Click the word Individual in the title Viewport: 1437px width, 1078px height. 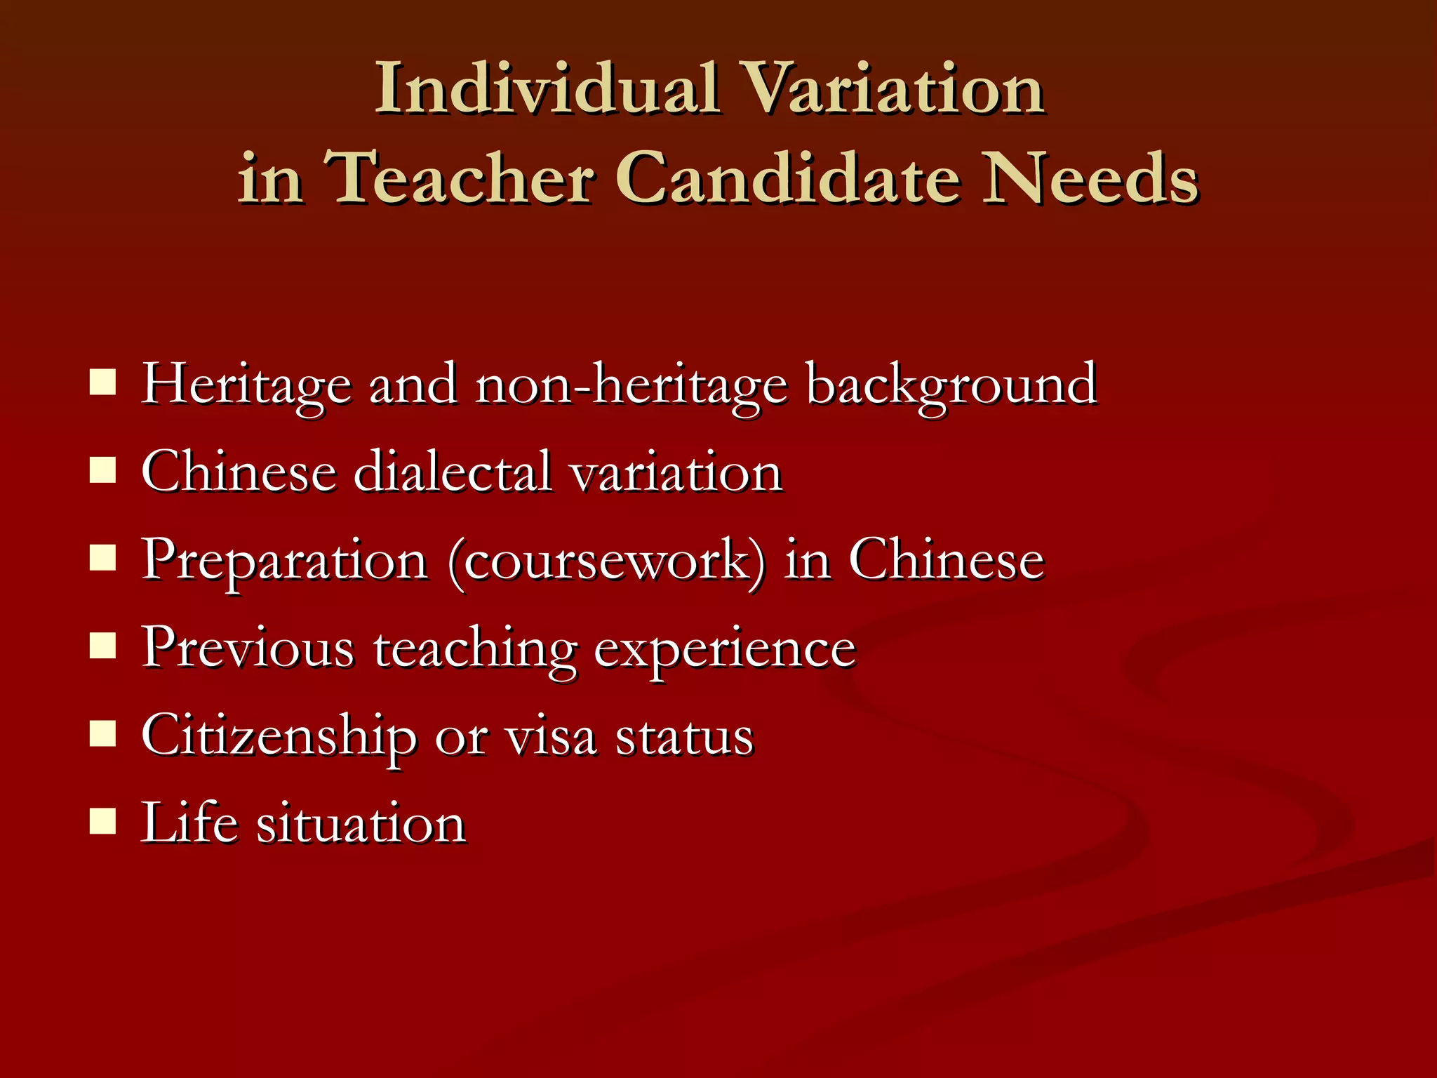(547, 88)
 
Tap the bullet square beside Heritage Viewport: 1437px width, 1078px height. (102, 384)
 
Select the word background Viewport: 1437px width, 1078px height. (951, 385)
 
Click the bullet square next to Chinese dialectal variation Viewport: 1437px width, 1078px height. (102, 471)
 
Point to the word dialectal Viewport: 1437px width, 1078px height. (453, 472)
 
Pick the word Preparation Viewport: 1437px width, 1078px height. (285, 561)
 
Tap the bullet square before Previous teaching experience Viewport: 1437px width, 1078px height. (102, 646)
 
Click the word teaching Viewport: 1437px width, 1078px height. (475, 649)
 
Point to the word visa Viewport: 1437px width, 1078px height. (552, 737)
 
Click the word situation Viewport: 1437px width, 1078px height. (361, 823)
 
